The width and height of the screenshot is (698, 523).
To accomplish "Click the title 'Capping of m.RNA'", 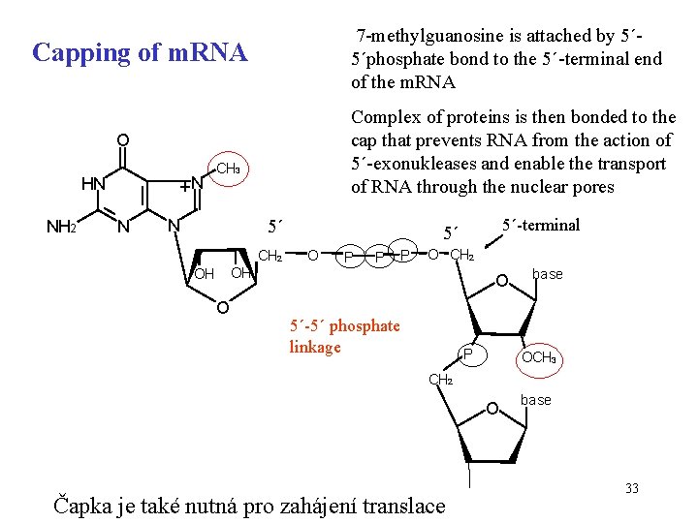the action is point(140,52).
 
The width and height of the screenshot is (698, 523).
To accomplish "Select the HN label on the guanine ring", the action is point(93,183).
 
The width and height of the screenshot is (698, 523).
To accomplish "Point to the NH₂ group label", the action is point(62,228).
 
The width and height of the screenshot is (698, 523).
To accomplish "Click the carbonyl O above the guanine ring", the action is point(122,139).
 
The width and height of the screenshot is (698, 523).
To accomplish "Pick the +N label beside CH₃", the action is point(192,182).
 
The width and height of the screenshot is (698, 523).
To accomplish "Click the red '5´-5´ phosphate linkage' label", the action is point(344,336).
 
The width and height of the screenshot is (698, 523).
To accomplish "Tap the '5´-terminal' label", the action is point(541,225).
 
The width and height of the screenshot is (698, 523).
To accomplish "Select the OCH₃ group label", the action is point(541,358).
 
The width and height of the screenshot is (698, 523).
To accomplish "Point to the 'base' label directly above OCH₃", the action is point(548,274).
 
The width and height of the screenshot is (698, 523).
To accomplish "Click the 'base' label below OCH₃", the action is point(536,399).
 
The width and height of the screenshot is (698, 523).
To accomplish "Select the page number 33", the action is point(632,488).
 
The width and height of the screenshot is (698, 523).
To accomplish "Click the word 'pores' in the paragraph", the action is point(591,186).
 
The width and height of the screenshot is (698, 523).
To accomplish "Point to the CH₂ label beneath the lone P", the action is point(440,380).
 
